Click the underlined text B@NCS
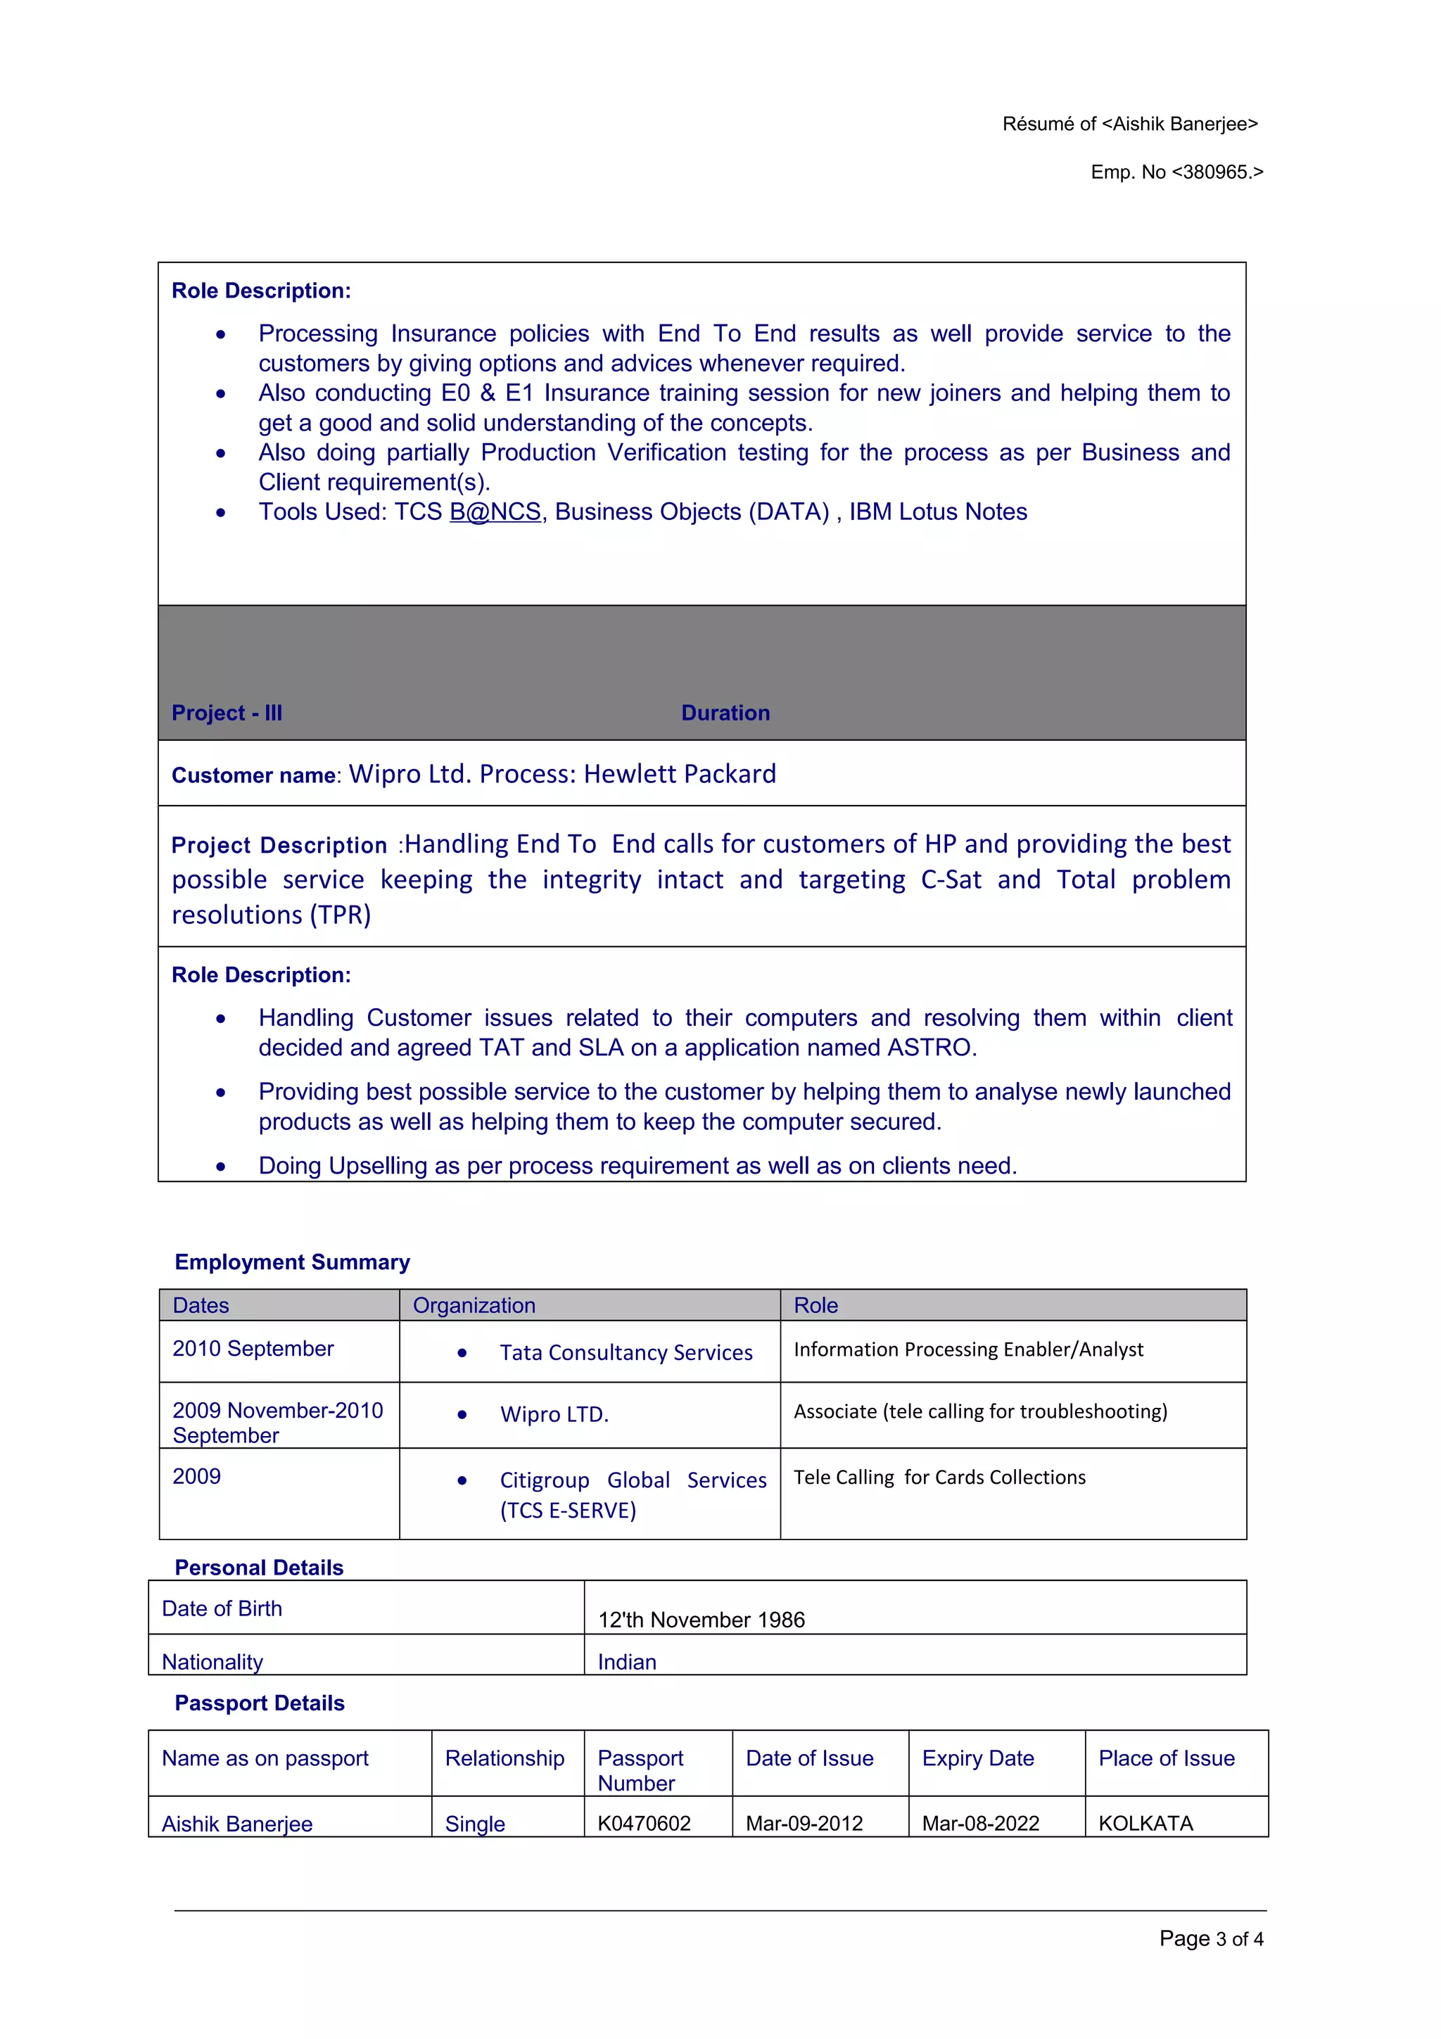pos(495,512)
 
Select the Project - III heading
pos(227,713)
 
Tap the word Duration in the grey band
pos(725,713)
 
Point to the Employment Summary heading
pos(292,1262)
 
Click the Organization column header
pos(474,1305)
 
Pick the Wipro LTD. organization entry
pos(554,1415)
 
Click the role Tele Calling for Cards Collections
pos(939,1477)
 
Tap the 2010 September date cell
pos(253,1349)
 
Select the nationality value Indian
pos(627,1663)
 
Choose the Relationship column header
pos(504,1758)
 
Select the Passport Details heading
pos(259,1703)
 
